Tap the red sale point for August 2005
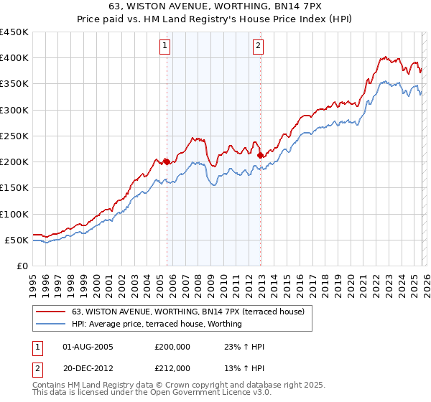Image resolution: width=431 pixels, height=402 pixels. pyautogui.click(x=167, y=162)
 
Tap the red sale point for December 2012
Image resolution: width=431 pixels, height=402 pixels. pyautogui.click(x=260, y=155)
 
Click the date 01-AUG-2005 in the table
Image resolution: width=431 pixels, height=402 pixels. pyautogui.click(x=88, y=347)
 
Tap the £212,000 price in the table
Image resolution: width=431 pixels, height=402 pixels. pyautogui.click(x=172, y=368)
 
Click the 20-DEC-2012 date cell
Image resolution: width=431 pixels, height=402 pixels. pyautogui.click(x=88, y=368)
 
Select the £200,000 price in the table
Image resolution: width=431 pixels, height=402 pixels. pyautogui.click(x=172, y=347)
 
